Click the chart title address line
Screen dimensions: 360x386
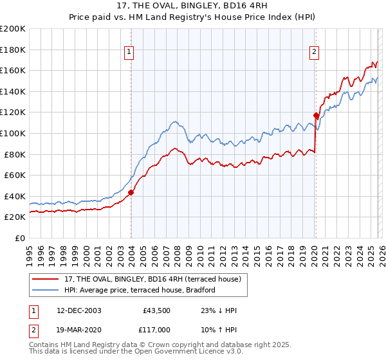(x=193, y=6)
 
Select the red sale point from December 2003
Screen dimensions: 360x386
(x=131, y=192)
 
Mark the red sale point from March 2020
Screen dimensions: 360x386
(x=316, y=116)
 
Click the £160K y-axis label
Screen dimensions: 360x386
(x=13, y=70)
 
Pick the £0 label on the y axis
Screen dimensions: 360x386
(x=19, y=238)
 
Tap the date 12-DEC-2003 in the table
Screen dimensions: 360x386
(x=79, y=310)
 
